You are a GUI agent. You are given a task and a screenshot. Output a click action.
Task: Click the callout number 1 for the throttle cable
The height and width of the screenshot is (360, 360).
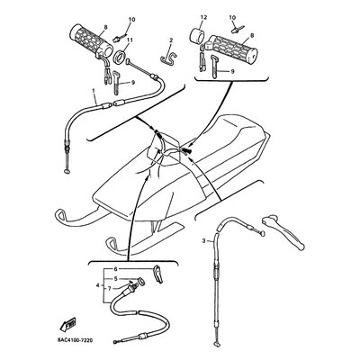(94, 93)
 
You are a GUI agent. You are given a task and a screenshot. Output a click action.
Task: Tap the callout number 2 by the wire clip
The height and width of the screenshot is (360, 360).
(171, 41)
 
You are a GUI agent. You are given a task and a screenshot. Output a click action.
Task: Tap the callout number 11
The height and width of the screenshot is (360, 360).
(130, 40)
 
